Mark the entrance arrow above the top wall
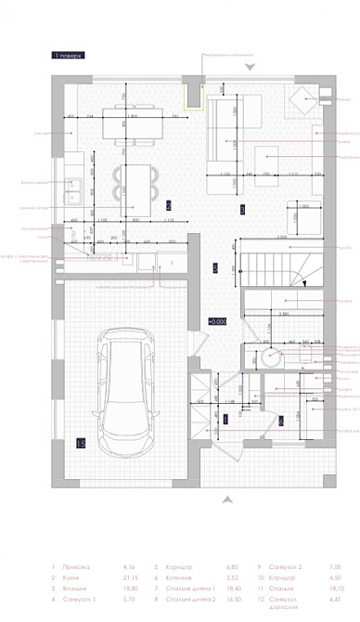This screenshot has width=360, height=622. tap(249, 68)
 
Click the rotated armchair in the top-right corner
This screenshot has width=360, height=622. tap(303, 100)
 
